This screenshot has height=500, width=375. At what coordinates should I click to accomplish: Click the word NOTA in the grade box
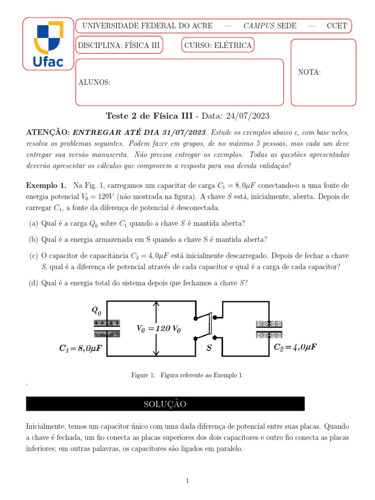[309, 72]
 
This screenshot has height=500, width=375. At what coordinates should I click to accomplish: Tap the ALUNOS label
[95, 83]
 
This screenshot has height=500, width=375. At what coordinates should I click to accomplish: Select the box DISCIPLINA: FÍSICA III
[119, 45]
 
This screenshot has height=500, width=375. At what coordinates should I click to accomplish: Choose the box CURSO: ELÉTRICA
[218, 45]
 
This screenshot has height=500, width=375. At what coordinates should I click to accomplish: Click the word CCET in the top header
[337, 26]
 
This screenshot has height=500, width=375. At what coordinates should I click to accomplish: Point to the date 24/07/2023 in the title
[246, 116]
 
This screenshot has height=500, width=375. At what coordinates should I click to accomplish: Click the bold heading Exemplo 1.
[46, 186]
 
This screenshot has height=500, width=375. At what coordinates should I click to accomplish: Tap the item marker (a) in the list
[34, 224]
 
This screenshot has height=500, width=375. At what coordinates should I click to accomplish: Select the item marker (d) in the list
[34, 282]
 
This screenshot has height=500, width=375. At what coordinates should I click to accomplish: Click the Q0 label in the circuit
[97, 311]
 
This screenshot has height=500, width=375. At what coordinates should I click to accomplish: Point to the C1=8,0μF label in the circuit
[81, 349]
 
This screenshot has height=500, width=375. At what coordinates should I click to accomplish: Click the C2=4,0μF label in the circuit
[295, 348]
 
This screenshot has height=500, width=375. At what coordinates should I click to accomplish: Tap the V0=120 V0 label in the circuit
[158, 329]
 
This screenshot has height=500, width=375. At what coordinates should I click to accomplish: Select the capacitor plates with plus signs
[107, 328]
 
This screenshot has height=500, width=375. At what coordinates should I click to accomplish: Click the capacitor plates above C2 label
[270, 329]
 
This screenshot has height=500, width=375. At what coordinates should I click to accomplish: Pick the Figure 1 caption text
[187, 375]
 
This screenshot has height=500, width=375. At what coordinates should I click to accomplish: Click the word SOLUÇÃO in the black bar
[165, 404]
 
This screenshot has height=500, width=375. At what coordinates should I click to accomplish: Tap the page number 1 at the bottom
[187, 481]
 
